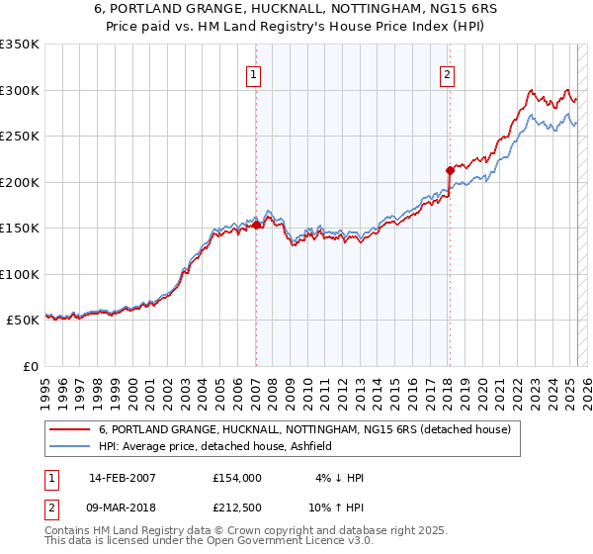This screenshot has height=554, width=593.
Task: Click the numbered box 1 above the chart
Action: coord(255,73)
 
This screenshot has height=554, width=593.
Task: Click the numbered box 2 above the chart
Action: coord(448,73)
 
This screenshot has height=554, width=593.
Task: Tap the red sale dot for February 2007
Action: coord(256,225)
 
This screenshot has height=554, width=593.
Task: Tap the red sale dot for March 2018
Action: coord(450,170)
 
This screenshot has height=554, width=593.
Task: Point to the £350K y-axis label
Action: coord(20,45)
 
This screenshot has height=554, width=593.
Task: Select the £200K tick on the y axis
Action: coord(20,182)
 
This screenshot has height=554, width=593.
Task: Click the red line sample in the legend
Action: coord(70,429)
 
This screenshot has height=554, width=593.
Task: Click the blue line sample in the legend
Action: coord(70,446)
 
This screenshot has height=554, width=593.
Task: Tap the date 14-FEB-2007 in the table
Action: coord(122,478)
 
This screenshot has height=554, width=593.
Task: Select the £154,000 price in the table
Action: coord(236,478)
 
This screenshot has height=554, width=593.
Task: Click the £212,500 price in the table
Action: coord(236,508)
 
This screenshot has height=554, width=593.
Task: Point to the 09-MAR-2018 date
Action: coord(123,508)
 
